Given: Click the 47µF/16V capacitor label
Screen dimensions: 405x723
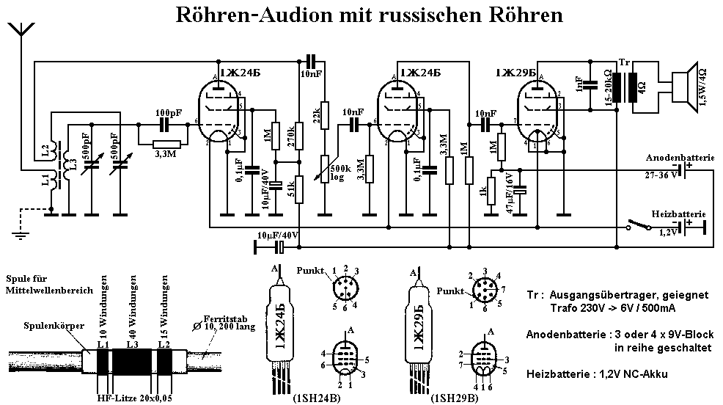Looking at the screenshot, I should pos(507,192).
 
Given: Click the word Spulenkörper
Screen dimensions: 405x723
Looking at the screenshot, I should pos(42,323).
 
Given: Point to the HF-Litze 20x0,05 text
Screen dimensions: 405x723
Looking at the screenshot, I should pos(136,398).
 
